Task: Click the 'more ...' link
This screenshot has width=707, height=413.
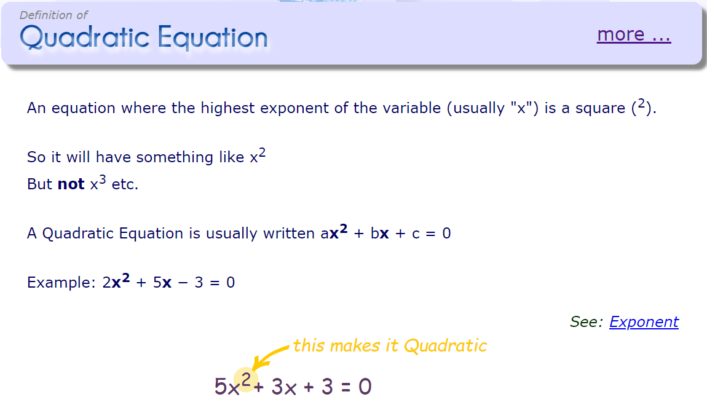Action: pyautogui.click(x=634, y=34)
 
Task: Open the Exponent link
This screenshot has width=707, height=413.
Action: pyautogui.click(x=644, y=322)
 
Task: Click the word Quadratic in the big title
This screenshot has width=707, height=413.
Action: pyautogui.click(x=85, y=37)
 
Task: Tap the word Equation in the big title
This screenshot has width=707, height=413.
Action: pyautogui.click(x=213, y=38)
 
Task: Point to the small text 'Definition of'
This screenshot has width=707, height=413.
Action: pyautogui.click(x=53, y=15)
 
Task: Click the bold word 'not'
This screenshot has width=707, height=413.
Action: pyautogui.click(x=71, y=184)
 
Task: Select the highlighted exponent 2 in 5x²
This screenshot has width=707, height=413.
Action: pyautogui.click(x=246, y=380)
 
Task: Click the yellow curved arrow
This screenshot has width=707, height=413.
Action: pyautogui.click(x=269, y=357)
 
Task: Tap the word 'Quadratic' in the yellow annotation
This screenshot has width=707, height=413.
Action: pyautogui.click(x=445, y=346)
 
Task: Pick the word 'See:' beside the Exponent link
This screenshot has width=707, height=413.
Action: pyautogui.click(x=587, y=322)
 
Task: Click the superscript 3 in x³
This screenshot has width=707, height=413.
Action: pyautogui.click(x=102, y=179)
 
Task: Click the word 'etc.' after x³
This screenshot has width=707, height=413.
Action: pyautogui.click(x=125, y=184)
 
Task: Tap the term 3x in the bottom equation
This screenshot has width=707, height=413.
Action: pyautogui.click(x=284, y=387)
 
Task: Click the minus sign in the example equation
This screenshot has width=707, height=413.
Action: pyautogui.click(x=183, y=283)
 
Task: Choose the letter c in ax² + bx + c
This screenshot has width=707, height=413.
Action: pyautogui.click(x=416, y=234)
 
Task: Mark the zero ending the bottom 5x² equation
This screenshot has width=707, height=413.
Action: pyautogui.click(x=365, y=387)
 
